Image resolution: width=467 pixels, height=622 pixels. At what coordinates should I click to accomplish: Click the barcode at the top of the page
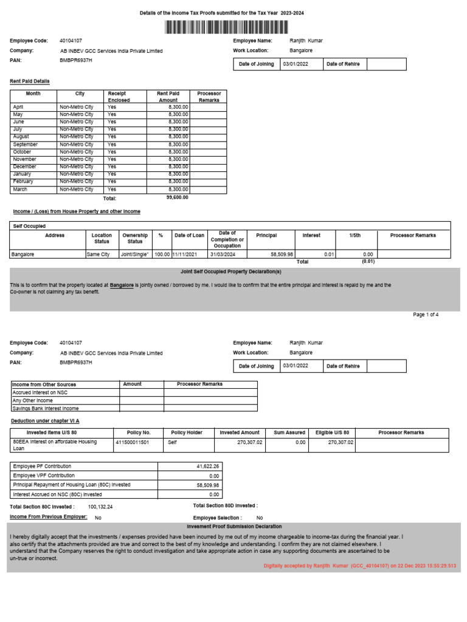click(x=233, y=27)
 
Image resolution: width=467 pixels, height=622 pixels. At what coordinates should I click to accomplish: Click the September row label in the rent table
click(x=25, y=145)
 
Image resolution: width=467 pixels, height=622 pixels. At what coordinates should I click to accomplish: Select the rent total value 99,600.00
click(x=178, y=197)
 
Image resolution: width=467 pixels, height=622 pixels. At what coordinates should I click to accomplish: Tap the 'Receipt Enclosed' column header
click(x=119, y=97)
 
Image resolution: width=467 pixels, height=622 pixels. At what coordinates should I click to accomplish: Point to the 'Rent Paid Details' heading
click(x=30, y=81)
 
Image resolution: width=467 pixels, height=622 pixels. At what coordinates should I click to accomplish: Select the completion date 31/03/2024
click(x=222, y=255)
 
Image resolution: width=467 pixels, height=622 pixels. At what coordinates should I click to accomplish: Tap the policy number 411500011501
click(x=132, y=443)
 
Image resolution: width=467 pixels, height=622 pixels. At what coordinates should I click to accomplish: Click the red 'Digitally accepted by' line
click(x=359, y=566)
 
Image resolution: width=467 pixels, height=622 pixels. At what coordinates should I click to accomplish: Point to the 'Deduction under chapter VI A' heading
click(x=45, y=420)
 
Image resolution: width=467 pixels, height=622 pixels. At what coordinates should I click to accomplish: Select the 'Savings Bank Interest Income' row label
click(x=46, y=408)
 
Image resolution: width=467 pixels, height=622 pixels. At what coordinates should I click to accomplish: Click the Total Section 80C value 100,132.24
click(x=100, y=506)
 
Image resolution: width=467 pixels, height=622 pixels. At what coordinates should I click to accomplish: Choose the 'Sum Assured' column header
click(x=289, y=432)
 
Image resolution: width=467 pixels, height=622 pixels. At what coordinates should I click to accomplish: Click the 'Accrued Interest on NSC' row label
click(x=40, y=392)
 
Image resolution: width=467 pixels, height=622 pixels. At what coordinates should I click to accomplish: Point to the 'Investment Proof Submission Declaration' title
click(x=234, y=527)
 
